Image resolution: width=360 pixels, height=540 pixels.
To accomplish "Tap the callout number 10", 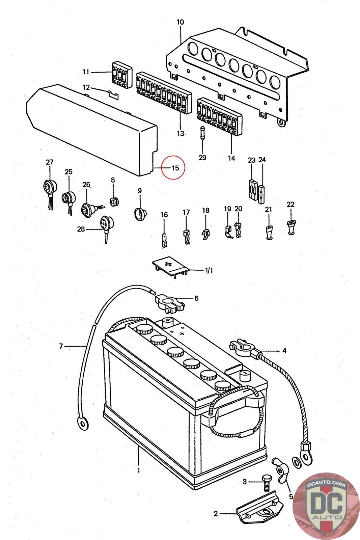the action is (180, 22).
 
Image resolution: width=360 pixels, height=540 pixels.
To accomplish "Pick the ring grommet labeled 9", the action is (140, 213).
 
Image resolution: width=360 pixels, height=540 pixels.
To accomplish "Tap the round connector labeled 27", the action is (49, 188).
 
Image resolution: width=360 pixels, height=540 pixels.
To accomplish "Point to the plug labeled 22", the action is (291, 227).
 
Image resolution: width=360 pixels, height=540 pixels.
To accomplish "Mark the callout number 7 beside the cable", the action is (61, 346).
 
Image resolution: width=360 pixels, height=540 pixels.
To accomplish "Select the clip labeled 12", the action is (113, 94).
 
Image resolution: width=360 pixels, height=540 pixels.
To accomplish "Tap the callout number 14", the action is (231, 158).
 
